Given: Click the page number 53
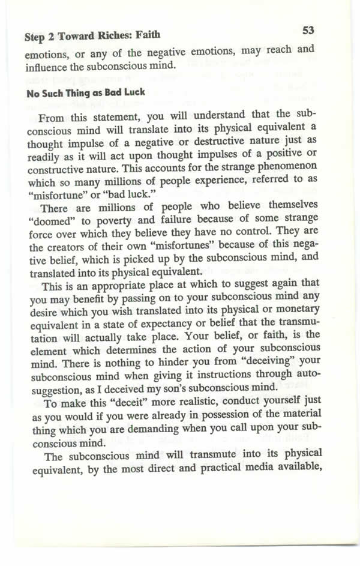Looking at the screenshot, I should tap(309, 30).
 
